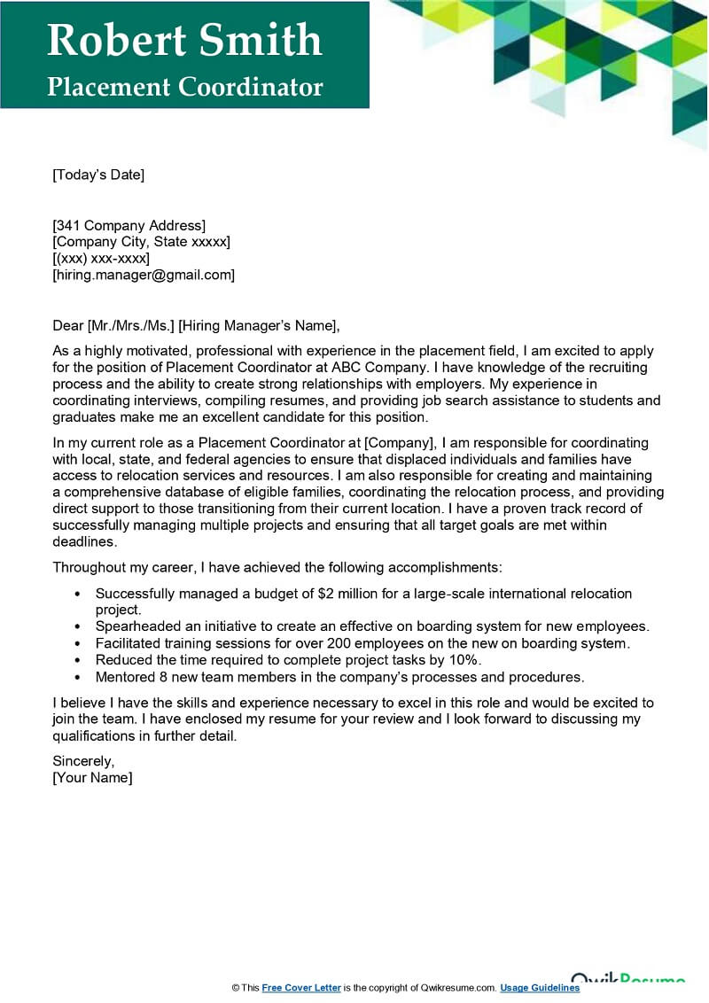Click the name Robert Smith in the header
pyautogui.click(x=184, y=40)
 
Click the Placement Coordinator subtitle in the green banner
pyautogui.click(x=184, y=87)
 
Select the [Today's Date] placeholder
pyautogui.click(x=98, y=175)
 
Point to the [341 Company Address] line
pyautogui.click(x=129, y=225)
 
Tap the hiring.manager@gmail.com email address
pyautogui.click(x=144, y=276)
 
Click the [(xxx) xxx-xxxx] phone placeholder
pyautogui.click(x=101, y=259)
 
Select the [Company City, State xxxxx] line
pyautogui.click(x=142, y=242)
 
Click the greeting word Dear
pyautogui.click(x=68, y=325)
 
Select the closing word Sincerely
pyautogui.click(x=83, y=761)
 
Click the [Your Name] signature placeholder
pyautogui.click(x=92, y=778)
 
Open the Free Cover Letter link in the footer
pyautogui.click(x=301, y=988)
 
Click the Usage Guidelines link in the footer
pyautogui.click(x=540, y=988)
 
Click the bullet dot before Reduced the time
pyautogui.click(x=79, y=661)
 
